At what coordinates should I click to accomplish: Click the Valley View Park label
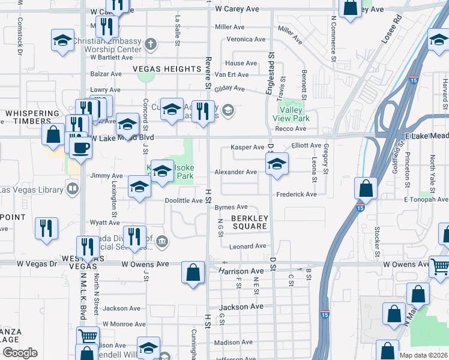291,114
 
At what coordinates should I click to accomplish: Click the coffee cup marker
80,148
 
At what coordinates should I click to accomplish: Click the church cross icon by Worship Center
150,43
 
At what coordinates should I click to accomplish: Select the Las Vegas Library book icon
72,190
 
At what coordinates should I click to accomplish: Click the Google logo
20,353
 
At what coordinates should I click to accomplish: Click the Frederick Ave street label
296,194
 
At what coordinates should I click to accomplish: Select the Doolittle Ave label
184,201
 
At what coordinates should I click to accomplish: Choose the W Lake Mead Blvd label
123,137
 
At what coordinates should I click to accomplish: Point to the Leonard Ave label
247,246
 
